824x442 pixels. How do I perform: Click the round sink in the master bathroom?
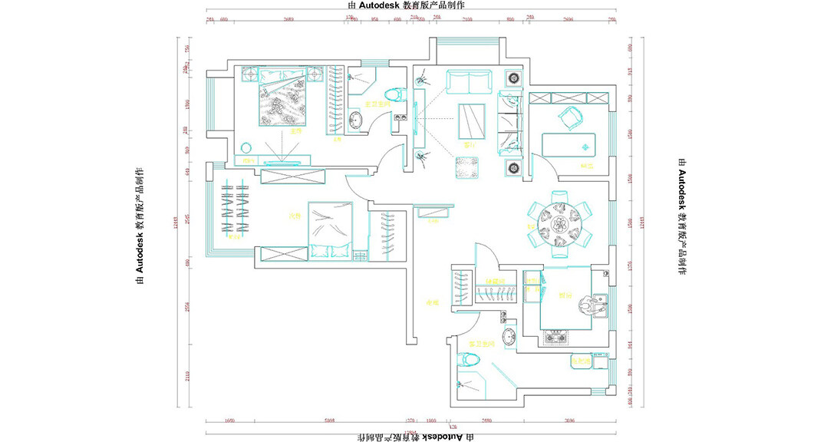point(354,120)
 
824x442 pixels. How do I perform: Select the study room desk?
point(569,145)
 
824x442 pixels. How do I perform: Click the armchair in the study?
point(570,117)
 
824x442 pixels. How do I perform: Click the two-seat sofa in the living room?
point(468,81)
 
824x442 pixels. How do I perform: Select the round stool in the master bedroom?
point(246,147)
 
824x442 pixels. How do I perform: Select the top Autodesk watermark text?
point(411,5)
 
